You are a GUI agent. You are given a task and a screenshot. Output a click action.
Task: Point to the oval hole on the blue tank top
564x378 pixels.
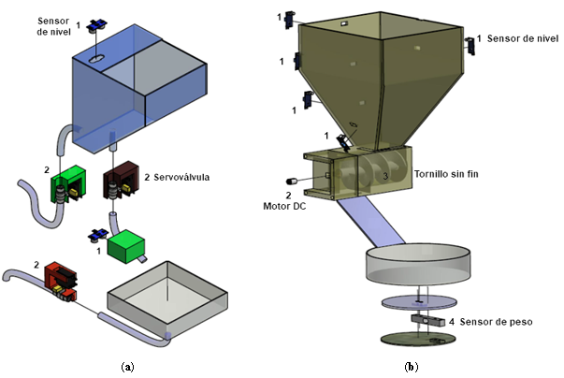[97, 60]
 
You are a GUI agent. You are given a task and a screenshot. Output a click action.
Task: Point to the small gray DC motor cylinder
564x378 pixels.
[291, 181]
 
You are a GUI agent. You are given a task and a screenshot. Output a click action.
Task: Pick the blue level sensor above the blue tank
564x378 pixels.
[96, 28]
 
